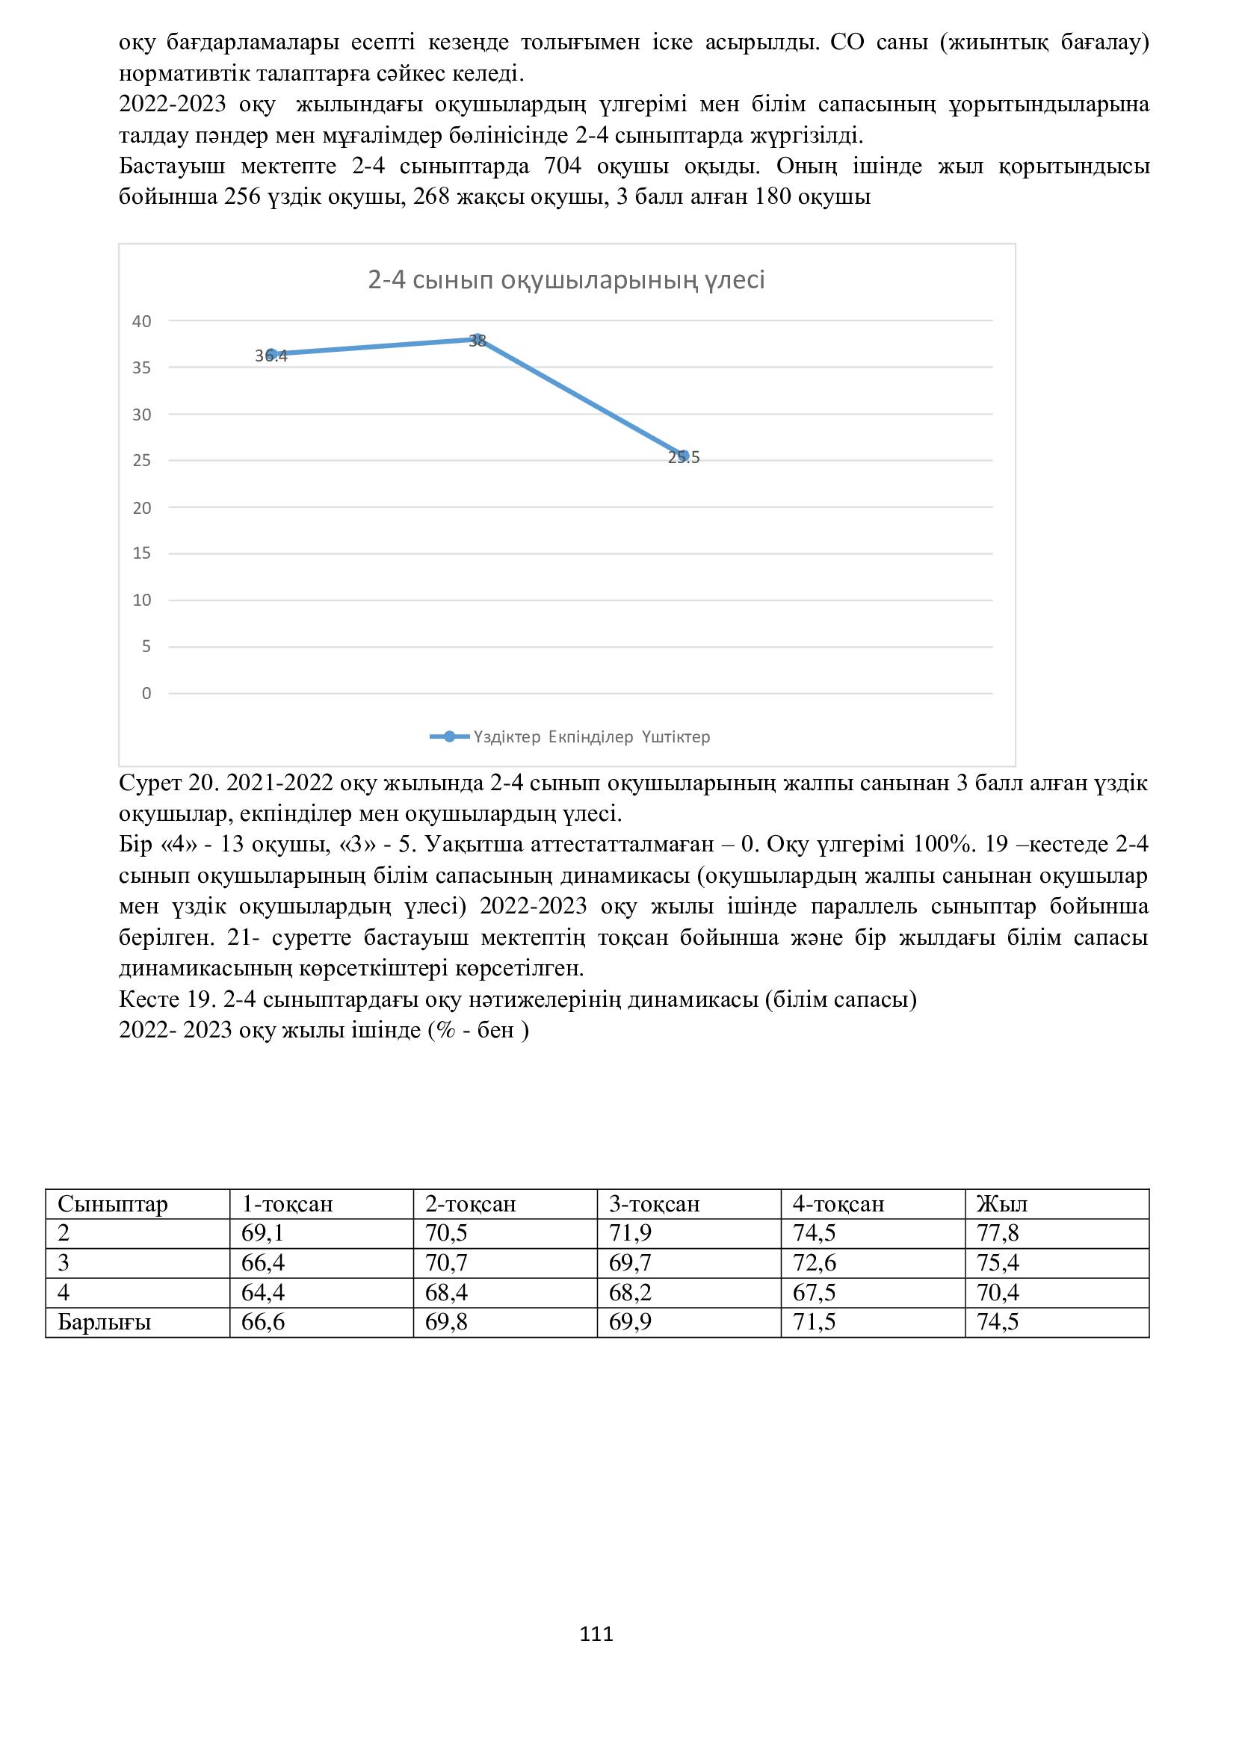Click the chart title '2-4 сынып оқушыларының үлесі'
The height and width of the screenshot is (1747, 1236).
(566, 281)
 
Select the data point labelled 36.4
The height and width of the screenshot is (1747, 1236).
(271, 355)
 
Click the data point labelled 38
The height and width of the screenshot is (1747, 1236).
(478, 339)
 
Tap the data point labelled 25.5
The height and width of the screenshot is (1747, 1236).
(684, 456)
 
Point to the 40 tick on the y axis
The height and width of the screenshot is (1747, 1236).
(142, 321)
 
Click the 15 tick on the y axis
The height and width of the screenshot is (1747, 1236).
(142, 553)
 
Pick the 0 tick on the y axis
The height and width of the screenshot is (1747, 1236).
(146, 693)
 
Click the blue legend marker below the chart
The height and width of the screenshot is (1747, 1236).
(449, 736)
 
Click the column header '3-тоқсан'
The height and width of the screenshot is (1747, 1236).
(654, 1204)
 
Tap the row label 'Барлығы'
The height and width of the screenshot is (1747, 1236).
(105, 1323)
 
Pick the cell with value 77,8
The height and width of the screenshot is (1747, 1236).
(998, 1233)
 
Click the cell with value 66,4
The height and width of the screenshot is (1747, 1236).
(262, 1263)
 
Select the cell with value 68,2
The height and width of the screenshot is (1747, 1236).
(630, 1293)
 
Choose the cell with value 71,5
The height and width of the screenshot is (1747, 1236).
(815, 1323)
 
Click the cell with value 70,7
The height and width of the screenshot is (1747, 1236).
(446, 1263)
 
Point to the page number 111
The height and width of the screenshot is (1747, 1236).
(596, 1633)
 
